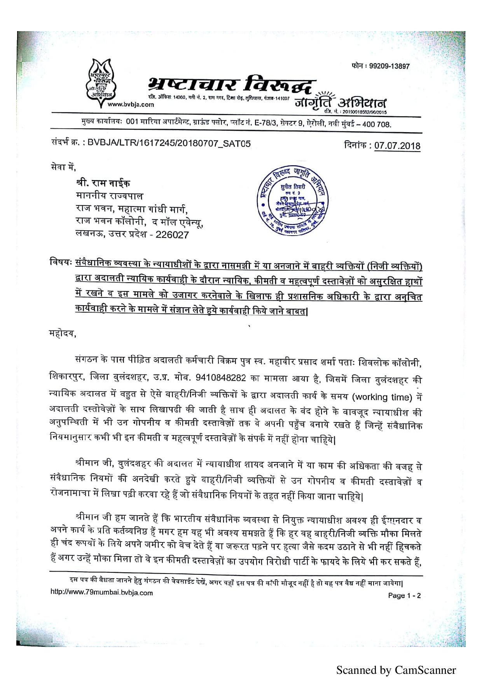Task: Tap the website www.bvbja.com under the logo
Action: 130,104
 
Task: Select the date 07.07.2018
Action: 397,146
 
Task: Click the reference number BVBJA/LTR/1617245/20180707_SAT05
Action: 169,144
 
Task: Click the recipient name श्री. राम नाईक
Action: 103,183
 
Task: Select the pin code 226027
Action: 172,235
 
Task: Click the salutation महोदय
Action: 63,334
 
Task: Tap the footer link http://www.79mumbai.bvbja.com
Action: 101,593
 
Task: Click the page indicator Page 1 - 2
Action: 404,596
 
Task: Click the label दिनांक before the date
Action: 357,146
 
